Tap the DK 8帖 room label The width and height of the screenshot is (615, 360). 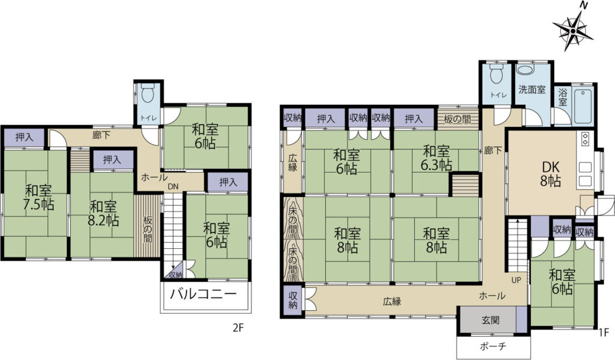click(x=551, y=174)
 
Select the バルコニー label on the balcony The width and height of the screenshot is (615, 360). click(x=204, y=294)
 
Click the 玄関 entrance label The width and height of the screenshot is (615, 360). click(x=491, y=320)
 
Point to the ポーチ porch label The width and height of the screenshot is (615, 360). click(x=493, y=346)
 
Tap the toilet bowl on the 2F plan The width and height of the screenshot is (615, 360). click(x=148, y=94)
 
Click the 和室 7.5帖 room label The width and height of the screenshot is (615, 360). click(x=39, y=198)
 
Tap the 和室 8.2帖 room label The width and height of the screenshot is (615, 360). click(x=103, y=213)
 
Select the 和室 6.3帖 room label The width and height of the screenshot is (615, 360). click(x=436, y=158)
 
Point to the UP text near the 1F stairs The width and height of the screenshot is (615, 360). click(x=516, y=280)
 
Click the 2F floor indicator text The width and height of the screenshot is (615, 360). click(x=238, y=328)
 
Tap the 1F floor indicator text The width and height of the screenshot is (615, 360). click(x=604, y=332)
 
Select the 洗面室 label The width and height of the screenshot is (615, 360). click(x=532, y=90)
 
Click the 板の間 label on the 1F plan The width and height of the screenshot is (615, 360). click(x=458, y=119)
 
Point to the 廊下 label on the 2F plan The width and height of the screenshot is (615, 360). click(x=101, y=135)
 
